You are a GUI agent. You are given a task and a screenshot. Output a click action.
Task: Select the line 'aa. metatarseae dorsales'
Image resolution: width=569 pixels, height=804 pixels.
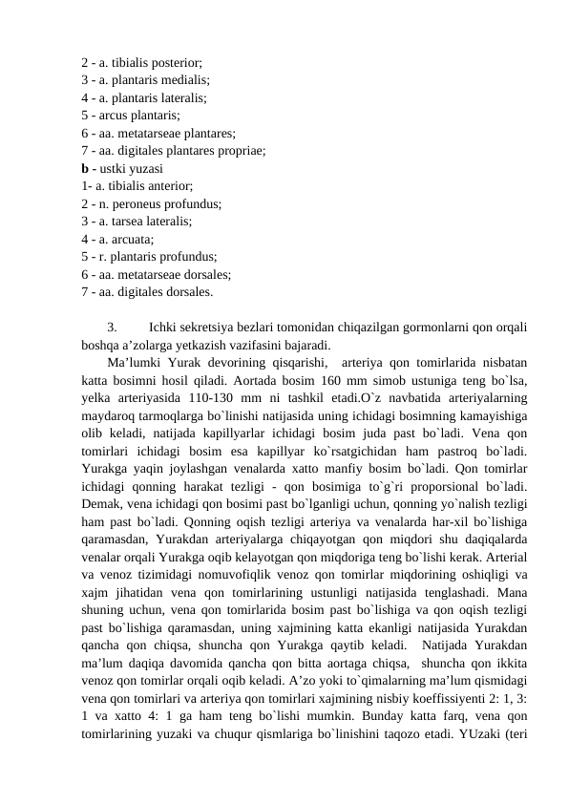pos(157,274)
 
